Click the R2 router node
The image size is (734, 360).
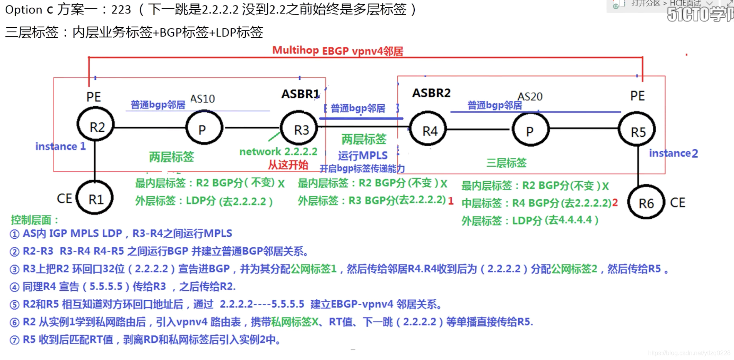pyautogui.click(x=96, y=126)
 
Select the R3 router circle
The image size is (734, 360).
pyautogui.click(x=300, y=129)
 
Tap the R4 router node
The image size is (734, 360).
pyautogui.click(x=428, y=131)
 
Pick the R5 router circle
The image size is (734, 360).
pyautogui.click(x=637, y=131)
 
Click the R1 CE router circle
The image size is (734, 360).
pyautogui.click(x=95, y=198)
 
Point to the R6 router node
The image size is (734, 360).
pyautogui.click(x=646, y=202)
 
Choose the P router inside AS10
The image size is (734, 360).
pyautogui.click(x=204, y=129)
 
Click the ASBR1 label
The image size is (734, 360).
pyautogui.click(x=300, y=94)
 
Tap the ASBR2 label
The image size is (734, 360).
pyautogui.click(x=431, y=93)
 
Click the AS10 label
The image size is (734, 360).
pyautogui.click(x=203, y=99)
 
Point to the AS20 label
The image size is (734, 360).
pyautogui.click(x=530, y=97)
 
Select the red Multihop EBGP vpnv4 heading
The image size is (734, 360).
pyautogui.click(x=337, y=51)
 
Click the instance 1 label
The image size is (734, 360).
pyautogui.click(x=60, y=146)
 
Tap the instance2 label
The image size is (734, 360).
pyautogui.click(x=673, y=153)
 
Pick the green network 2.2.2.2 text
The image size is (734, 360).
pyautogui.click(x=278, y=152)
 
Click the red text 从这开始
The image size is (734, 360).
pyautogui.click(x=288, y=165)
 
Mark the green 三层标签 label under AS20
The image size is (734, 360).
pyautogui.click(x=506, y=163)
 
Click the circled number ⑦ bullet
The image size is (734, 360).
pyautogui.click(x=14, y=340)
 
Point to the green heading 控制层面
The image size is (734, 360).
pyautogui.click(x=34, y=220)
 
